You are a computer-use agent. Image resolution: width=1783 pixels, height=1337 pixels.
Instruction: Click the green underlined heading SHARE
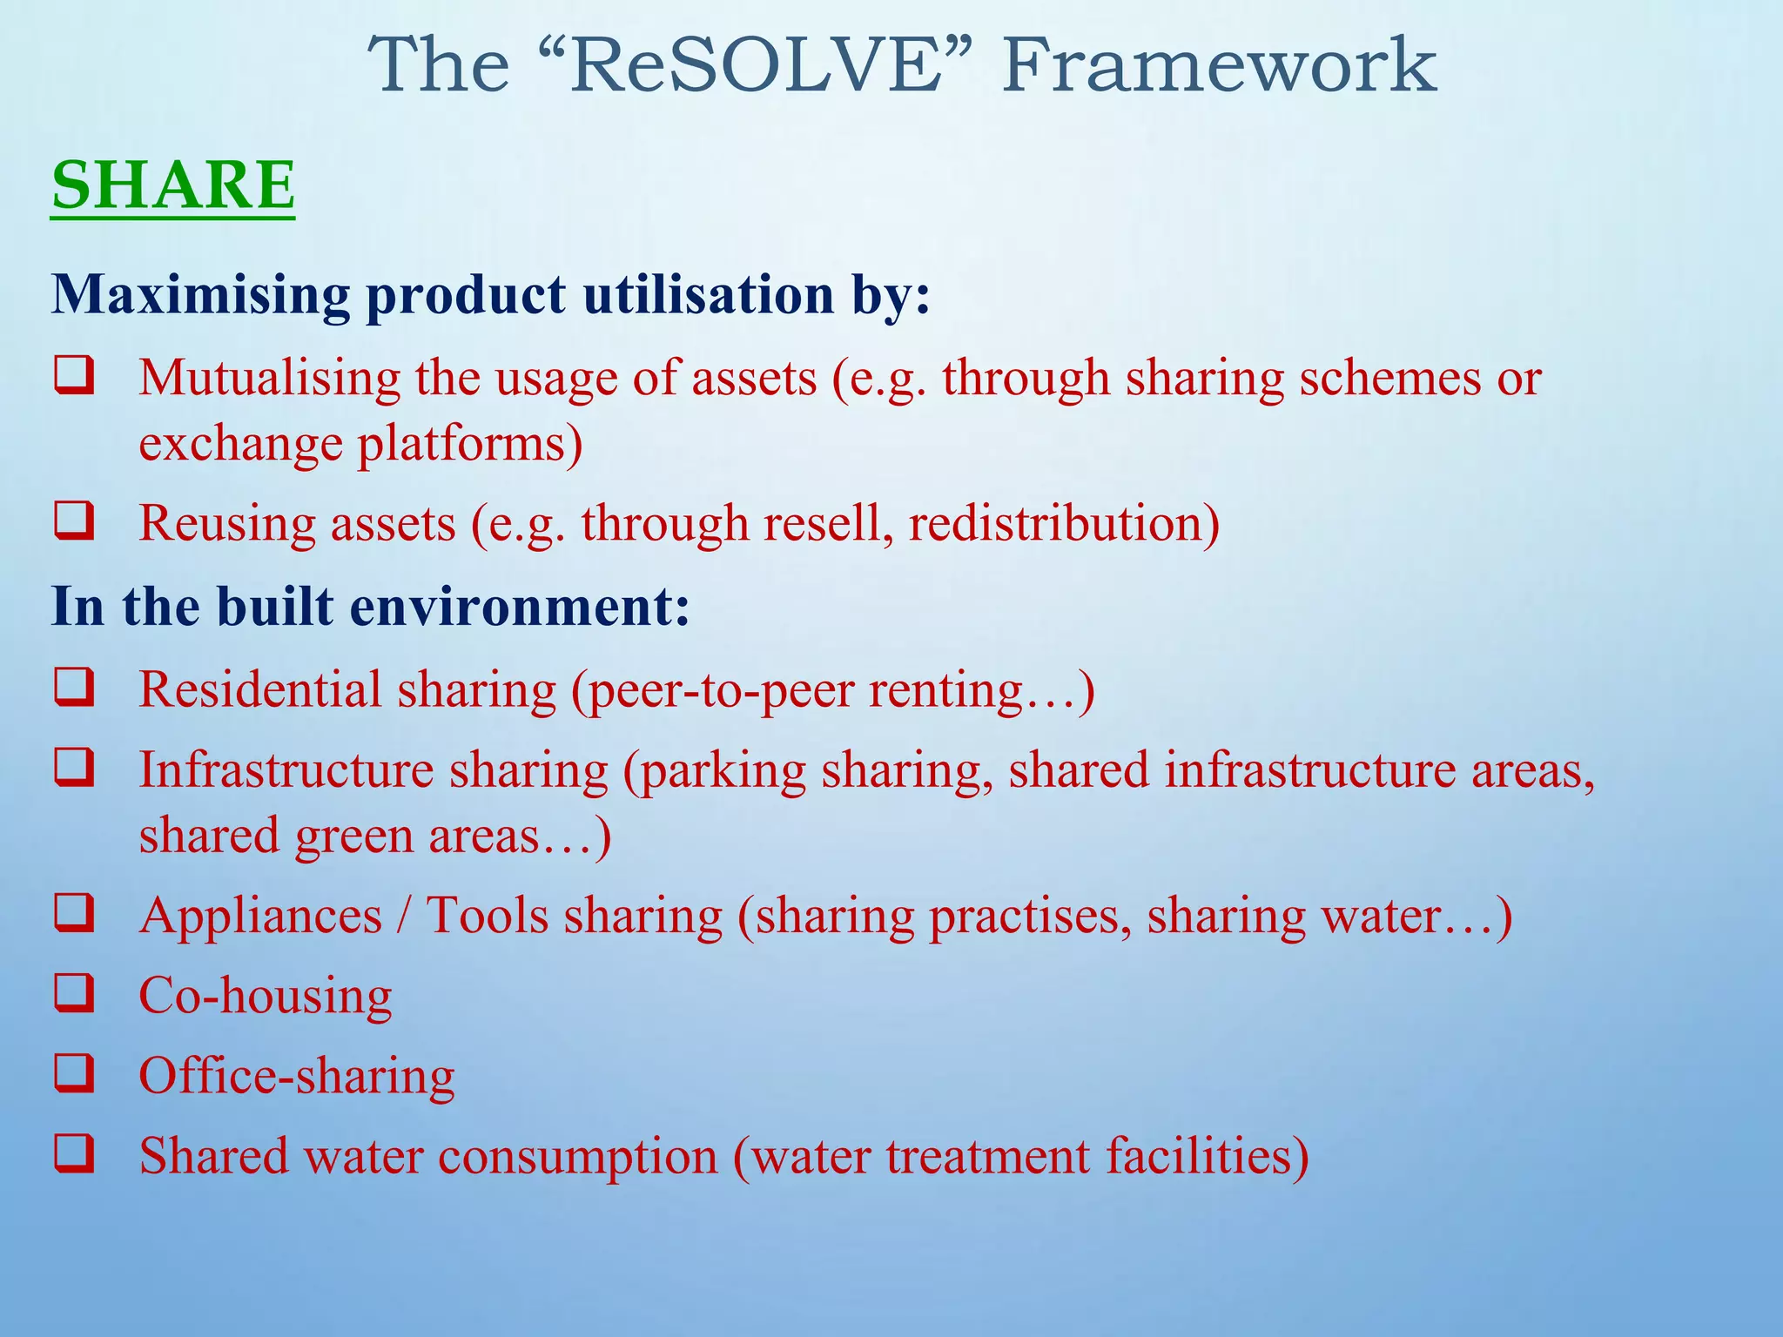click(173, 185)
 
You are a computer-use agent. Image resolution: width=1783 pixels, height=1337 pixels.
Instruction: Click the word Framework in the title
click(1219, 65)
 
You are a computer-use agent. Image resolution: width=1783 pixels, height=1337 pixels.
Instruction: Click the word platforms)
click(469, 444)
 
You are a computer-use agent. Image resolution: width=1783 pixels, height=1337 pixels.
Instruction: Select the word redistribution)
click(1063, 523)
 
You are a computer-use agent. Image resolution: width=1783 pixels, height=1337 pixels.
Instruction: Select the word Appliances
click(260, 917)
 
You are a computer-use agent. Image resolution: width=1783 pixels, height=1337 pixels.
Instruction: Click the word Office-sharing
click(297, 1076)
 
